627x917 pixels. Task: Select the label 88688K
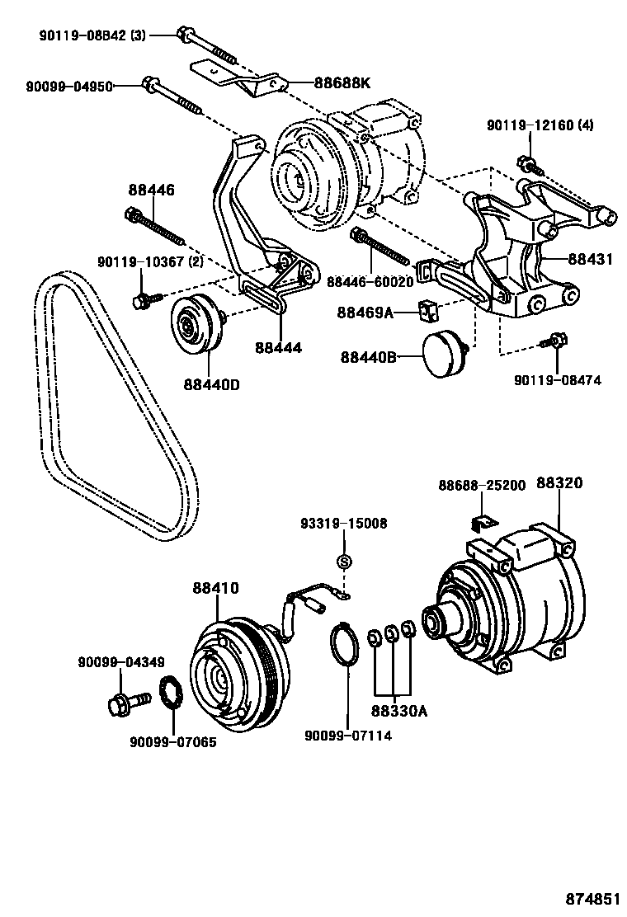[342, 82]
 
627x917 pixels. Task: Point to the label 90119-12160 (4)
[540, 125]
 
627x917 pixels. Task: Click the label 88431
[590, 259]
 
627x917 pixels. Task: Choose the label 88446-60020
[370, 282]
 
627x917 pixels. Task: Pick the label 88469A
[365, 313]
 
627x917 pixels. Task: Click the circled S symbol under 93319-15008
[345, 562]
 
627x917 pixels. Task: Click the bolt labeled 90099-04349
[123, 704]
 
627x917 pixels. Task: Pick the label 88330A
[398, 710]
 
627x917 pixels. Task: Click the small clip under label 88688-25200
[481, 523]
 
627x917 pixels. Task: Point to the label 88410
[216, 588]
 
